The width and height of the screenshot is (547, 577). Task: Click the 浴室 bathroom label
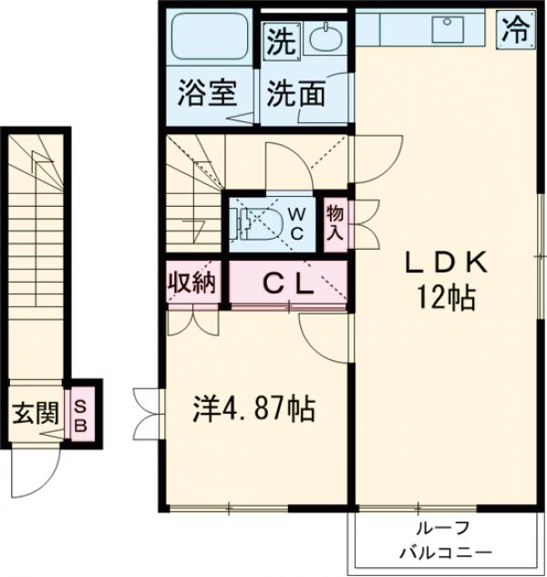click(207, 94)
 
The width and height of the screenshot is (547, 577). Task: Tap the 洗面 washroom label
click(295, 94)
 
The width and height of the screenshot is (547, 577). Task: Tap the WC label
click(297, 222)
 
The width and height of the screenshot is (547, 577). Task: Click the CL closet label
click(288, 283)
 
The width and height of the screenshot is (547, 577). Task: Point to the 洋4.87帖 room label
click(253, 409)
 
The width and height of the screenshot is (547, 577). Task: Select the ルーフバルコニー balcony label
click(445, 541)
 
